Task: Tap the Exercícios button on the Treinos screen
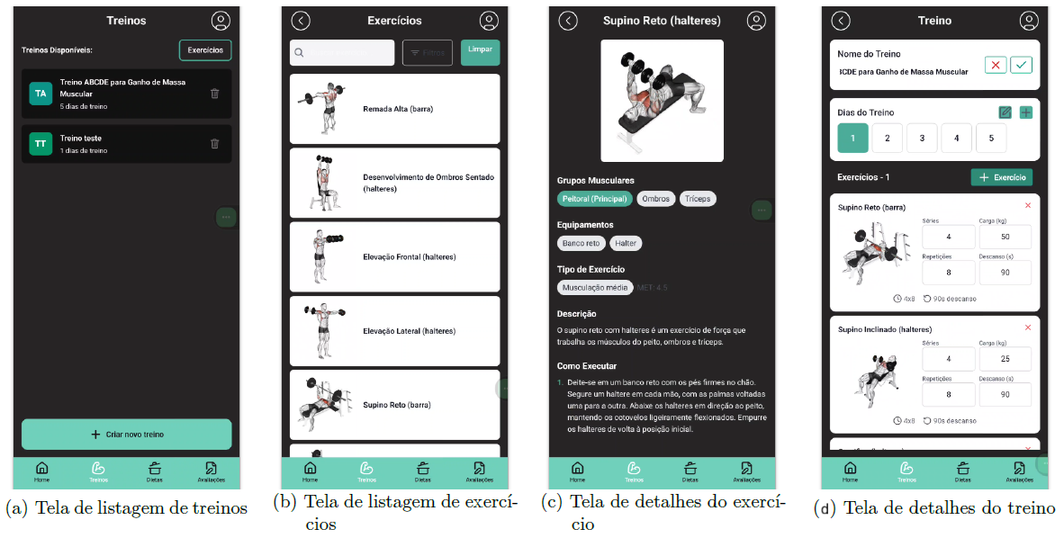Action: pos(205,50)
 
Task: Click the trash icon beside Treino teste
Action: pos(214,143)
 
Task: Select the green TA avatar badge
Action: pos(41,94)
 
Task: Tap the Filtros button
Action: pos(427,53)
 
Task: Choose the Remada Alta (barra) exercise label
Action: pos(398,109)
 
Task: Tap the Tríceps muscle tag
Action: pos(697,199)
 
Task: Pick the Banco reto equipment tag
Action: pos(581,243)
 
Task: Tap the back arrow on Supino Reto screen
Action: pos(568,21)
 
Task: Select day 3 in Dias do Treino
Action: pos(922,138)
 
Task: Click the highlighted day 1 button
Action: pos(852,138)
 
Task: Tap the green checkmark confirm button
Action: pos(1021,65)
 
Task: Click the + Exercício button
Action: pos(1001,177)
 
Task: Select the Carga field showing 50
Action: pos(1005,237)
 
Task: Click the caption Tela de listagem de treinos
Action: pos(126,509)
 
